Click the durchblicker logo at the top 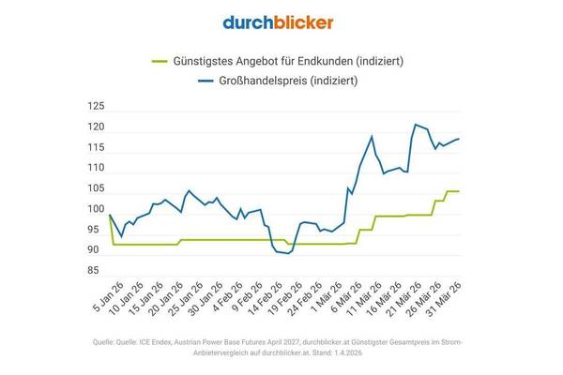coord(279,22)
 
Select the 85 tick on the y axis coord(94,271)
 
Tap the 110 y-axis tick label coord(94,169)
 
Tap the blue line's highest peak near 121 coord(415,124)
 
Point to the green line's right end coord(458,191)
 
